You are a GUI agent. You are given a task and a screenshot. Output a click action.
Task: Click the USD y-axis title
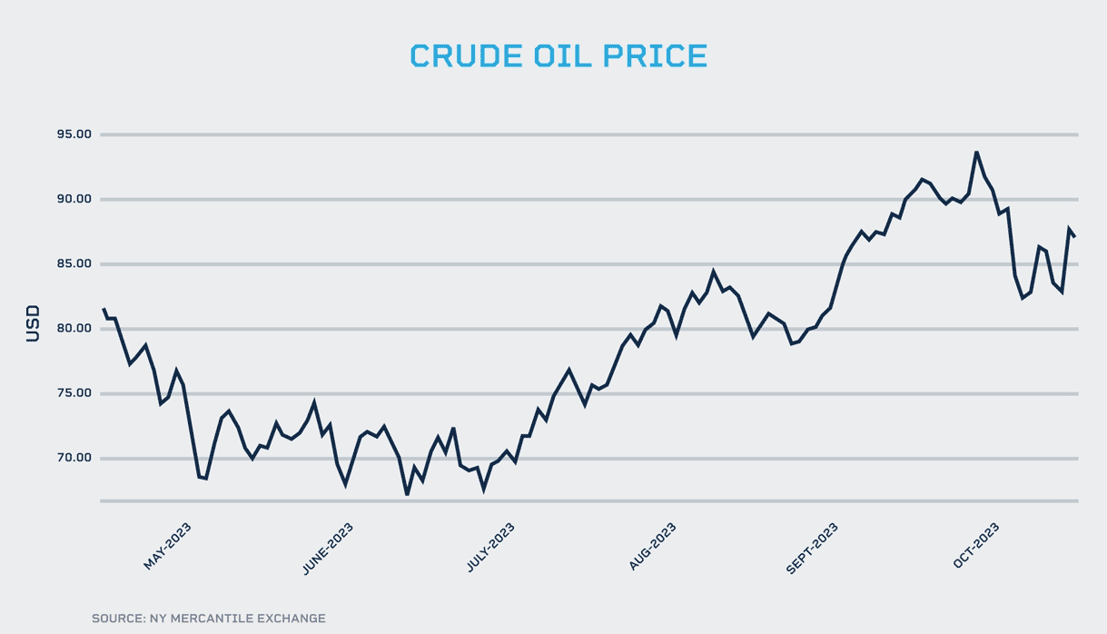click(33, 323)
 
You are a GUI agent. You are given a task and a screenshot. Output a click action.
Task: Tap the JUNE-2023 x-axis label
click(328, 547)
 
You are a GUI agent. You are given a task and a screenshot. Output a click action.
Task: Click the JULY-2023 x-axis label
click(491, 547)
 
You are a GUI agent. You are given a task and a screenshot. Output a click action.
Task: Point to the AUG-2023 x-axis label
click(653, 547)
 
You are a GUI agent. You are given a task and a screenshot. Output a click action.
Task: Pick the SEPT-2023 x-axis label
click(812, 547)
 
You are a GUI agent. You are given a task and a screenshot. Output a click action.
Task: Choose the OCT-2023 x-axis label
click(977, 547)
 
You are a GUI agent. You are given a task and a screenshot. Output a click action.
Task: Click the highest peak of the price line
click(976, 152)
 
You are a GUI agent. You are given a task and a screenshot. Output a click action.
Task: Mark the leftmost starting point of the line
click(103, 309)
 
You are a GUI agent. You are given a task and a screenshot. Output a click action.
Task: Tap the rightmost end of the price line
click(1075, 237)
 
